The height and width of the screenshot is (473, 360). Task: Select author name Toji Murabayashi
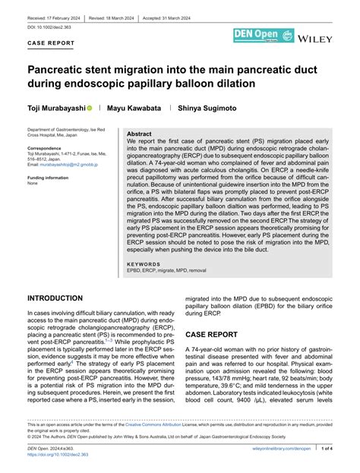(56, 109)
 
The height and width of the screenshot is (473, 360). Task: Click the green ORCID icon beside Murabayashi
(90, 109)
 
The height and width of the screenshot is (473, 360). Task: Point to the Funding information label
(52, 178)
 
